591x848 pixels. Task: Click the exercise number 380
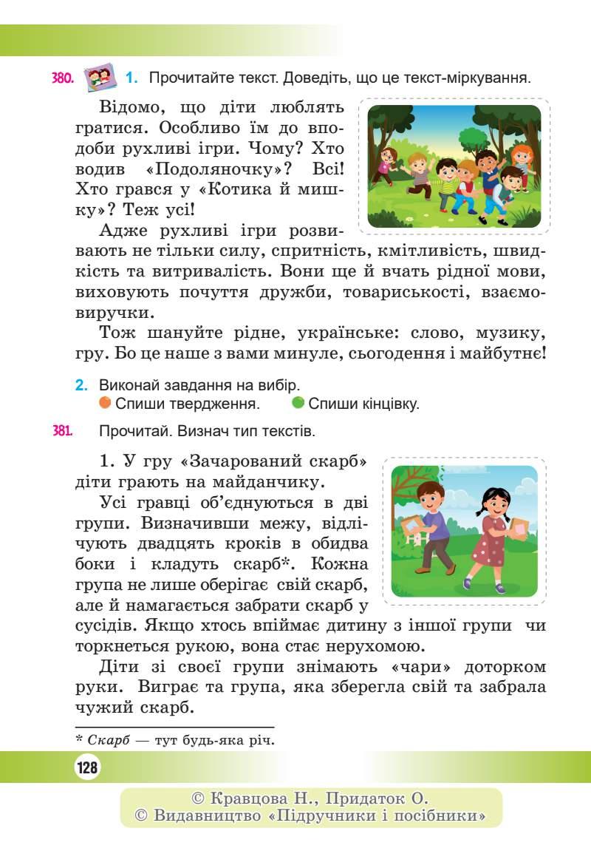pos(63,78)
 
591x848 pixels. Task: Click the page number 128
pos(87,768)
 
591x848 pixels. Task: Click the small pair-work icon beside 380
pos(100,75)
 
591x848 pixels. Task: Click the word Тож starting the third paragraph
pos(117,332)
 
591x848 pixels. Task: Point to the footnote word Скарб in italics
pos(107,739)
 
